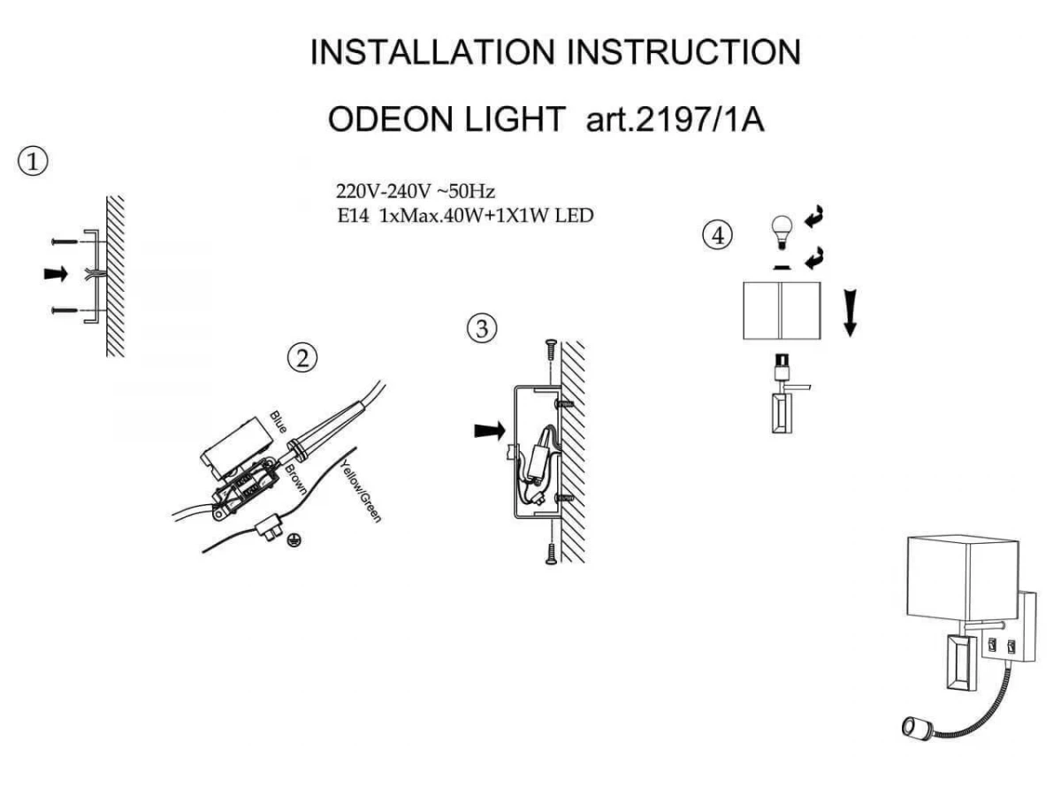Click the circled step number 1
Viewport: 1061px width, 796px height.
click(33, 162)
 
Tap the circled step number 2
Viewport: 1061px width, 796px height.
click(302, 358)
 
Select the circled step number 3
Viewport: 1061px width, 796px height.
click(482, 329)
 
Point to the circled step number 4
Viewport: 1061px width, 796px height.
click(717, 236)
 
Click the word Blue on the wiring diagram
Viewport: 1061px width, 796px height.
click(278, 422)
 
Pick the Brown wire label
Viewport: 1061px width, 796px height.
click(295, 479)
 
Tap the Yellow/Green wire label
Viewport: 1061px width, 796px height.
click(361, 492)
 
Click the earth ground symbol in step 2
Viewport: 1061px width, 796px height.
click(292, 540)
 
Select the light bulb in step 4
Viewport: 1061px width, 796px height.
click(782, 232)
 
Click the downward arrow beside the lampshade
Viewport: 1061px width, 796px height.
click(850, 313)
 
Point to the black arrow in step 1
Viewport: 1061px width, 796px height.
click(56, 273)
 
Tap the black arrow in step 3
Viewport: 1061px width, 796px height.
click(490, 430)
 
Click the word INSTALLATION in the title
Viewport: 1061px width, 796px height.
click(432, 52)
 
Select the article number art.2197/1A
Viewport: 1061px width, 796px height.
click(676, 119)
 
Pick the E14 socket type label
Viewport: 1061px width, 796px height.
click(353, 216)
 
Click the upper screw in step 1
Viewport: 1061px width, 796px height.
click(65, 241)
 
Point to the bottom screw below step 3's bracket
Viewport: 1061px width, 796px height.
click(551, 553)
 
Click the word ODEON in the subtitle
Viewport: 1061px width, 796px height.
click(390, 119)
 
